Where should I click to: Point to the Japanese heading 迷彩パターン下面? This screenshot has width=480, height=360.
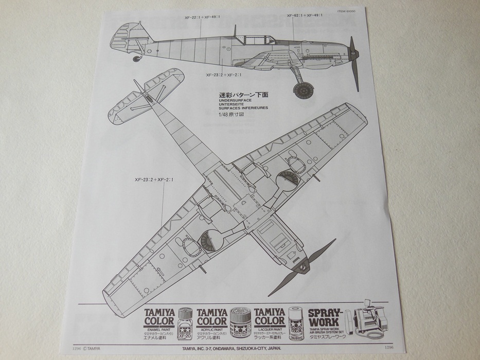click(x=241, y=95)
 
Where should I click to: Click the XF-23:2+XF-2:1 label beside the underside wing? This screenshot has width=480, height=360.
click(x=154, y=180)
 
